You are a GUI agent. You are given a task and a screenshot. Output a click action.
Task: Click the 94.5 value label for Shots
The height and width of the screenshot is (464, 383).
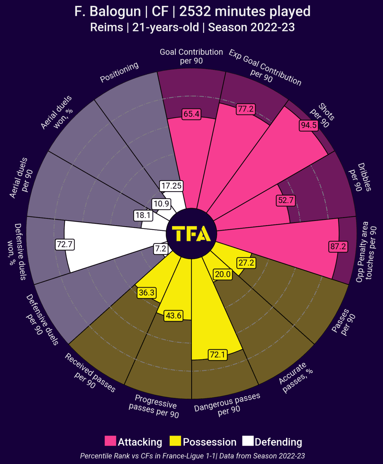[x=309, y=125]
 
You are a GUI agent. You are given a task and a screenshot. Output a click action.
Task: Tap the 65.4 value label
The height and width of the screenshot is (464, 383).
[x=191, y=114]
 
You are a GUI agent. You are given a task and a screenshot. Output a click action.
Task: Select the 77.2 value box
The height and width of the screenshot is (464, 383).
[x=246, y=109]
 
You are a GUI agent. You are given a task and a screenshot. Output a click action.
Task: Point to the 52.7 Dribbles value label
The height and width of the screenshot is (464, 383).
[x=286, y=200]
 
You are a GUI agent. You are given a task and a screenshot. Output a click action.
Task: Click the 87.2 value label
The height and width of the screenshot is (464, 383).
[x=338, y=246]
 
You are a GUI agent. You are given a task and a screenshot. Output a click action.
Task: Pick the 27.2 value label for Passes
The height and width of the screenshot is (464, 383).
[x=246, y=263]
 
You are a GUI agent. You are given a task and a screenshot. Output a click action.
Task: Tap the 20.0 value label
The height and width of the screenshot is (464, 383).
[x=223, y=274]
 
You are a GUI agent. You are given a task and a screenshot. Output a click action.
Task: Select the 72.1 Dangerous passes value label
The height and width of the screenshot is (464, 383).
[x=217, y=355]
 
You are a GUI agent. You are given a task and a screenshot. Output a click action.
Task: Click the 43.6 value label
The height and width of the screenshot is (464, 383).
[x=173, y=316]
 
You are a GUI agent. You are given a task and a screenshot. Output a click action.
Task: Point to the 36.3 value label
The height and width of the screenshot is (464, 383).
[x=147, y=293]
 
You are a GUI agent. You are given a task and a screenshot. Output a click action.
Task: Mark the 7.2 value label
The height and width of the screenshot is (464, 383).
[x=161, y=249]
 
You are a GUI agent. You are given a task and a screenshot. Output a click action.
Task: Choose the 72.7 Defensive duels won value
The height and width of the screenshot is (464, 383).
[x=65, y=244]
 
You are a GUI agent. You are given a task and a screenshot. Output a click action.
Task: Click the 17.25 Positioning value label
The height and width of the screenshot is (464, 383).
[x=171, y=186]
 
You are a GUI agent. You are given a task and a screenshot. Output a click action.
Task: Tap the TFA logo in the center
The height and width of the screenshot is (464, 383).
[x=191, y=234]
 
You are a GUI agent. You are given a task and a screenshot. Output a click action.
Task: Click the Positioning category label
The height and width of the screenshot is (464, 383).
[x=119, y=72]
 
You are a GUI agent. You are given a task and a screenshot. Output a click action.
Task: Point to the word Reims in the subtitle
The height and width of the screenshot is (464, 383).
[x=107, y=27]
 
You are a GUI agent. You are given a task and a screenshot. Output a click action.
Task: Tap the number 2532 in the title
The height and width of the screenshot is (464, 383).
[x=195, y=11]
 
